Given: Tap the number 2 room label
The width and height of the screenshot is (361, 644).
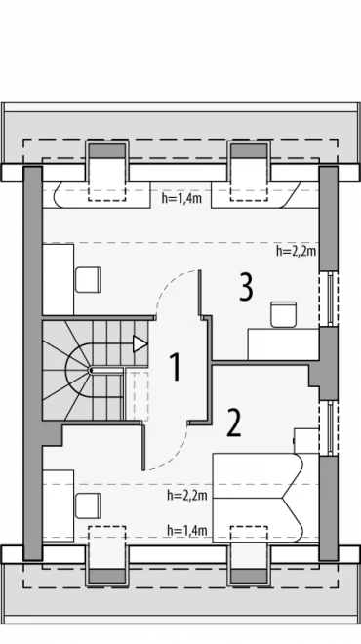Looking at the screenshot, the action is (234, 423).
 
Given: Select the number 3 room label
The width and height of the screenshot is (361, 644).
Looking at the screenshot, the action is (246, 288).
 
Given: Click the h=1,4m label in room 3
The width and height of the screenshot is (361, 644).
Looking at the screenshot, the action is (181, 199).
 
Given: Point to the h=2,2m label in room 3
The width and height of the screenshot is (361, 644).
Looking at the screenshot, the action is (296, 251).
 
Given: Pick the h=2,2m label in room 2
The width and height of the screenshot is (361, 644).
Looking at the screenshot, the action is (187, 496).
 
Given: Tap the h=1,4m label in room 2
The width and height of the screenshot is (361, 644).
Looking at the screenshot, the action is (187, 530).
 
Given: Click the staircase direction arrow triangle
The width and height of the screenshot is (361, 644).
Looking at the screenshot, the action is (140, 343).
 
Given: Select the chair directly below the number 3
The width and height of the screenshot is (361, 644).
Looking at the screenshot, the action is (283, 314).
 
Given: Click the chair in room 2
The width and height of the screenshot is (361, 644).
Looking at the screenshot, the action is (89, 505).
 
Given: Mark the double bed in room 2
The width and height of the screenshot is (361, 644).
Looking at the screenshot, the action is (259, 499).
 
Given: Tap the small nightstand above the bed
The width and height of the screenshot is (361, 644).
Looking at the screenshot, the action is (306, 441).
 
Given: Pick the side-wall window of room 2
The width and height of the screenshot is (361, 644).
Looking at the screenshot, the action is (329, 428).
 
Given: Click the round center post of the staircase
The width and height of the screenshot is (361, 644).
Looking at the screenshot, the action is (91, 370).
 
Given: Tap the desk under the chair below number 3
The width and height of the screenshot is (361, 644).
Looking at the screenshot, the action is (283, 344).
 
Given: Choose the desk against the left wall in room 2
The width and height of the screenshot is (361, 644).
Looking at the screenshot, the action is (59, 505).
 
